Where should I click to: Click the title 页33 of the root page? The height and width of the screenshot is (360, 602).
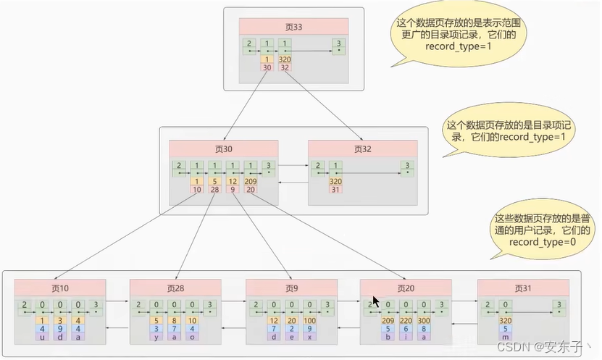tap(293, 27)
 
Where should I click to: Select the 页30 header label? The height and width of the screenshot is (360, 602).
tap(224, 148)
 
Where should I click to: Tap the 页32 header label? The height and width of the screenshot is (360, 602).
tap(362, 148)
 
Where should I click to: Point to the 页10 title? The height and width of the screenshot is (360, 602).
tap(59, 288)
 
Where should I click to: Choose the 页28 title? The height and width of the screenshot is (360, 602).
tap(176, 288)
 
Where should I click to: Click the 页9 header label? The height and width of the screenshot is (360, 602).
tap(290, 288)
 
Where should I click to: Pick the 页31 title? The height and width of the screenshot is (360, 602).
tap(522, 288)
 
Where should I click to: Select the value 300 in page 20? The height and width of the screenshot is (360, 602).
tap(425, 320)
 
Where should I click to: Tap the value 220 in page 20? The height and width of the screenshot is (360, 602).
tap(406, 320)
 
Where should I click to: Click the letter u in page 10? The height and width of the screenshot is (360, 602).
tap(42, 337)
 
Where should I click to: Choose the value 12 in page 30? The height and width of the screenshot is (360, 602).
tap(232, 181)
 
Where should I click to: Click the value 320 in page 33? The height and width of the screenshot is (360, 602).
tap(285, 59)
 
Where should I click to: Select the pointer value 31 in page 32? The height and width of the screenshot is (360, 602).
tap(335, 190)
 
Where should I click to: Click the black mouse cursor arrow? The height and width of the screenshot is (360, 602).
tap(375, 301)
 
